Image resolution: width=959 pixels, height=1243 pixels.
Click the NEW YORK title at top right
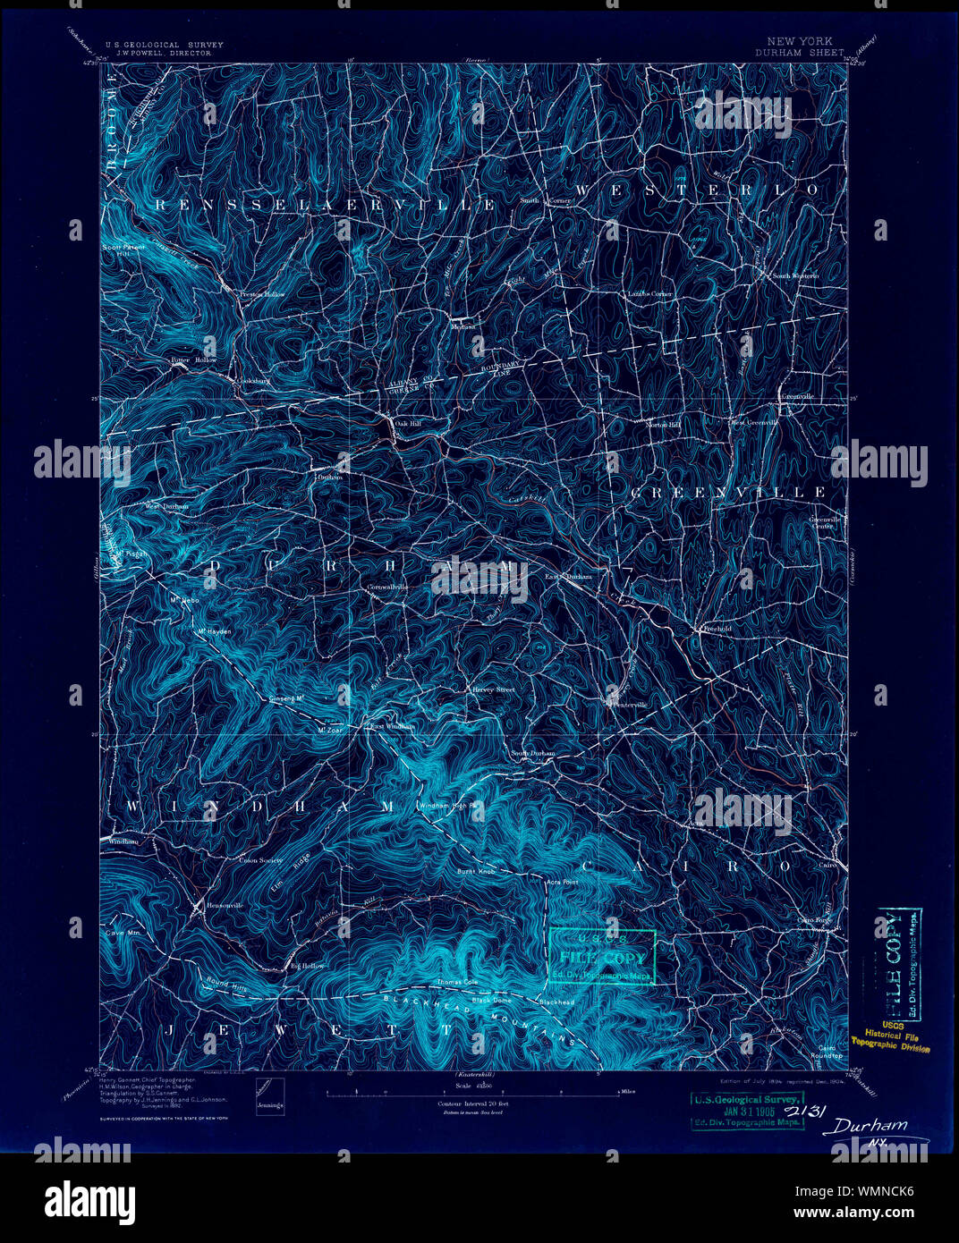coord(799,41)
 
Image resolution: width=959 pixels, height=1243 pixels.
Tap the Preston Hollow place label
coord(261,293)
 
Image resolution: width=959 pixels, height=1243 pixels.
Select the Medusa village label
coord(463,326)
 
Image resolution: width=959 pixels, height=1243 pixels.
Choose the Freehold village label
coord(717,629)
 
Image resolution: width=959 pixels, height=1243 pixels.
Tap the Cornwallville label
coord(387,587)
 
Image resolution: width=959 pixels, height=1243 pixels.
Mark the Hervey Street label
coord(494,689)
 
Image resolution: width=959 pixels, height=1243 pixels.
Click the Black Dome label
coord(491,1000)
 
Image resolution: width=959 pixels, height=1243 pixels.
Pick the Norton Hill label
coord(665,424)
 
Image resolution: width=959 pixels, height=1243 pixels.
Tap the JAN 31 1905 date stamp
coord(748,1111)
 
